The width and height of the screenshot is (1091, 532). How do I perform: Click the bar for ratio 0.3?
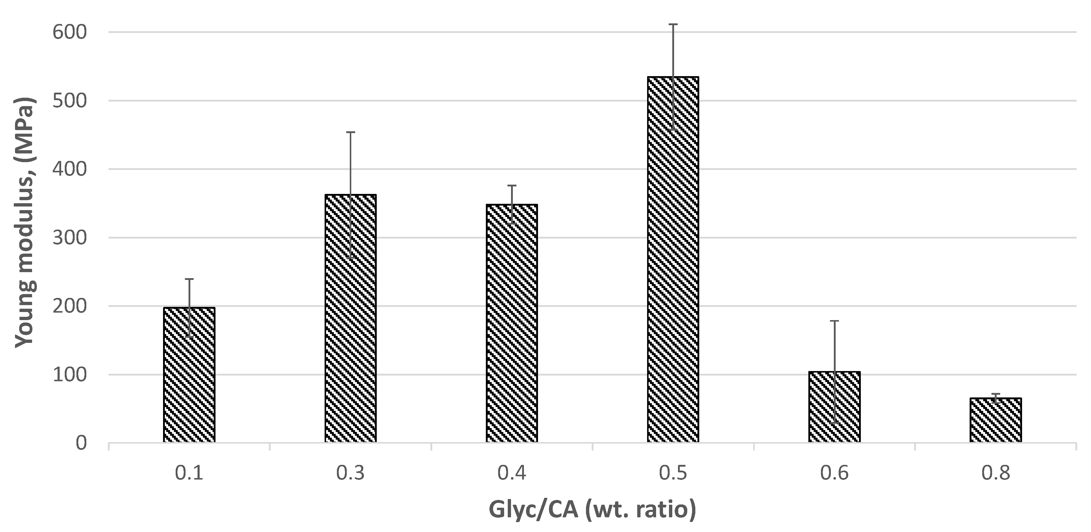(x=350, y=319)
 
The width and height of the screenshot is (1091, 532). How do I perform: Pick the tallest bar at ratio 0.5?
(x=673, y=259)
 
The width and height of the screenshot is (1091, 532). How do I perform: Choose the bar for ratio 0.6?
(x=834, y=407)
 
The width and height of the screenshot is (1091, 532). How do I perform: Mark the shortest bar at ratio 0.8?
(x=996, y=420)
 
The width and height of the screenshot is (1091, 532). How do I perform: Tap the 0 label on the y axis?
(x=81, y=443)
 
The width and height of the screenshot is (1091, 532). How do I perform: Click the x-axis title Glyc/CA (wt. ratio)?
(x=592, y=509)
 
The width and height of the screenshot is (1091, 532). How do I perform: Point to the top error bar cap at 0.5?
(x=673, y=25)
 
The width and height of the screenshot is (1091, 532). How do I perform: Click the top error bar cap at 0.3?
(x=350, y=132)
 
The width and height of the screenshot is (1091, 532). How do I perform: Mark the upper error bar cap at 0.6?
(x=834, y=321)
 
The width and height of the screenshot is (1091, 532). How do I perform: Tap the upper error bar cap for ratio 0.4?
(x=512, y=186)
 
